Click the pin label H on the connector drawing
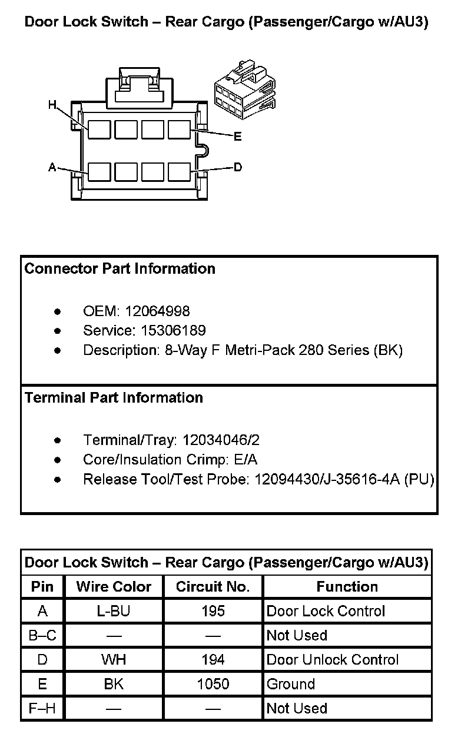tap(52, 105)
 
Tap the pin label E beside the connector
tap(237, 137)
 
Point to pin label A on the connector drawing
tap(52, 168)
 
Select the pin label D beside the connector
tap(238, 167)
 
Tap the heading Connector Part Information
tap(120, 269)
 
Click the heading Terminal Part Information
tap(114, 398)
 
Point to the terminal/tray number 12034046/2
tap(221, 440)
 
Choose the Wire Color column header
tap(114, 587)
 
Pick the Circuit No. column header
tap(213, 587)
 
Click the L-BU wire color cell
tap(114, 611)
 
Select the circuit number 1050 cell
tap(213, 684)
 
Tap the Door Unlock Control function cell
tap(333, 660)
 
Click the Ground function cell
tap(291, 684)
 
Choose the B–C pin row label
tap(42, 636)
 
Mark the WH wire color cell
tap(114, 660)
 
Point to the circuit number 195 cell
tap(213, 611)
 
